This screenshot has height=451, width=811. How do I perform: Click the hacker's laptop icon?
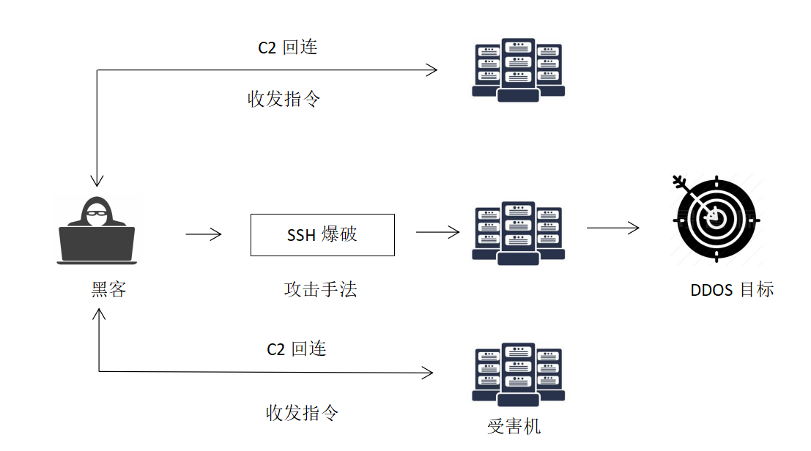97,243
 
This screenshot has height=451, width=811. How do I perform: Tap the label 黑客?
109,290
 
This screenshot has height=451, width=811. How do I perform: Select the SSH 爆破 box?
322,235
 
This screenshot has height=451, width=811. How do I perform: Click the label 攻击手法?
320,290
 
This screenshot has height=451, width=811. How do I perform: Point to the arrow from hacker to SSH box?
204,234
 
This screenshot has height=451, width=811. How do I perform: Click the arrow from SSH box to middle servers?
438,232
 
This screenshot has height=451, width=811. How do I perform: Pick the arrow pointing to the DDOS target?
612,228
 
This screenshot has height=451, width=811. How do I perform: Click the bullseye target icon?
715,219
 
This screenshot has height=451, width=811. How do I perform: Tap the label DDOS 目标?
732,290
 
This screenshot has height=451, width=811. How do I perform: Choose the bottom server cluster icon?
518,373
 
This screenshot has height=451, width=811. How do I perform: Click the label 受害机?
514,426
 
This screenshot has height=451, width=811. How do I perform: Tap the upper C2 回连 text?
288,48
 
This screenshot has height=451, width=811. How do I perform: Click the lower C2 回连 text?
297,349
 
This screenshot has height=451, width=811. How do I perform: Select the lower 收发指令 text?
302,413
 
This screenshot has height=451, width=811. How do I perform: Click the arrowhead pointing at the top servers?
432,70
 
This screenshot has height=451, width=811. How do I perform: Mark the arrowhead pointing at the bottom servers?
428,373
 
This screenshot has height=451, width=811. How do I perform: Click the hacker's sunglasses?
97,214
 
